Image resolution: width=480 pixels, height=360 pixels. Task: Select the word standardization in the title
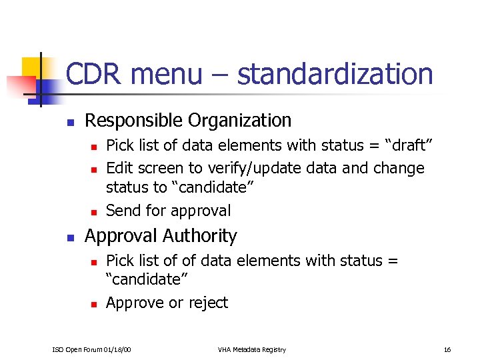pyautogui.click(x=335, y=74)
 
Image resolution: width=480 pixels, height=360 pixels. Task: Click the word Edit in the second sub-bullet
pyautogui.click(x=120, y=168)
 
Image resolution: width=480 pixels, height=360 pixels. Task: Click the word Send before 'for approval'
pyautogui.click(x=123, y=211)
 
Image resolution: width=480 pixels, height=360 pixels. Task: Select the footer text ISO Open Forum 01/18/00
pyautogui.click(x=92, y=349)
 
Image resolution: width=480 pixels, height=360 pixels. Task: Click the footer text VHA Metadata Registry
pyautogui.click(x=251, y=349)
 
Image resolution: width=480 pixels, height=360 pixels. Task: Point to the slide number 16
pyautogui.click(x=447, y=349)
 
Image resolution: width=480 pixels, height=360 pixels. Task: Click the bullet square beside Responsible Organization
pyautogui.click(x=69, y=122)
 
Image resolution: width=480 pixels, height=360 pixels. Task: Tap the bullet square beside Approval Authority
pyautogui.click(x=69, y=237)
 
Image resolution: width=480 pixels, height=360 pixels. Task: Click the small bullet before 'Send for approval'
pyautogui.click(x=94, y=212)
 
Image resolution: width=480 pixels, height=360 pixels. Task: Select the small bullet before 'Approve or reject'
pyautogui.click(x=94, y=304)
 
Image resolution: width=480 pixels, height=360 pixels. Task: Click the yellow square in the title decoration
pyautogui.click(x=31, y=67)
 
